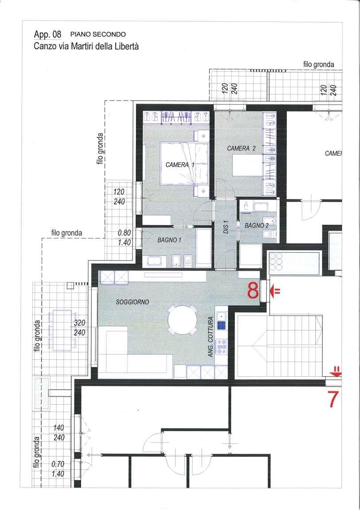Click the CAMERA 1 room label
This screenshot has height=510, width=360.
[180, 165]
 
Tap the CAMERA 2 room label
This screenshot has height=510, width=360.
[241, 148]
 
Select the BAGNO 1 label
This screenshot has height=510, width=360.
[169, 240]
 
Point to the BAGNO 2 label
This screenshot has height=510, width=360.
[257, 225]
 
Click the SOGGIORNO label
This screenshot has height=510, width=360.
[132, 302]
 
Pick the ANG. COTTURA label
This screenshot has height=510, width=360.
[210, 337]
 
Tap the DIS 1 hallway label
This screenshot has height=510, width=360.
[226, 227]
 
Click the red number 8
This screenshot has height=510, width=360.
[253, 291]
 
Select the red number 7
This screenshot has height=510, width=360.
[333, 399]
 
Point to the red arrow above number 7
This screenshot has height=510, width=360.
[336, 371]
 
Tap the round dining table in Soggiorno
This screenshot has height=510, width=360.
[182, 320]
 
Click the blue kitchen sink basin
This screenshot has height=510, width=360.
[221, 325]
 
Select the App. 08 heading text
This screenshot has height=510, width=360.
[47, 35]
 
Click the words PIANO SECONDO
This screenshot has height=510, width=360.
[98, 34]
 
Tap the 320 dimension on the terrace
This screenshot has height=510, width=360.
[80, 323]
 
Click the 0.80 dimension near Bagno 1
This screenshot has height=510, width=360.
[124, 233]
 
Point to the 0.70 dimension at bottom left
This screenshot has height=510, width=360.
[58, 464]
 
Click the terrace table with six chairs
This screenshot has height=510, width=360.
[62, 330]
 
